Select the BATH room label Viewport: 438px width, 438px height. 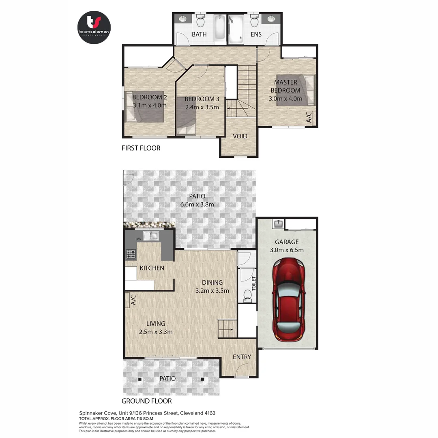tap(199, 34)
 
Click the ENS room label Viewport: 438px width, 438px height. tap(256, 34)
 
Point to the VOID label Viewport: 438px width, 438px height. tap(240, 136)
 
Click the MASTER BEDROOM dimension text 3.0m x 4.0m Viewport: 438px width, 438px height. tap(286, 98)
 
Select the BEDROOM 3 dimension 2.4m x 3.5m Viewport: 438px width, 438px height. tap(202, 107)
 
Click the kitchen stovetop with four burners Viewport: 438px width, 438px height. tap(131, 254)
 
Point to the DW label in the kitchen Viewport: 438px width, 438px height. tap(138, 239)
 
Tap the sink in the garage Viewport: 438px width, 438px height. tap(279, 223)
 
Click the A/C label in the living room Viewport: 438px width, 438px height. tap(133, 300)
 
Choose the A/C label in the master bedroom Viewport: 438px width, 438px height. tap(309, 118)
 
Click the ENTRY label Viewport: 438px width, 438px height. tap(242, 357)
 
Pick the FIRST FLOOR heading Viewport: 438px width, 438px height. tap(141, 148)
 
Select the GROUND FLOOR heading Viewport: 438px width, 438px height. tap(147, 401)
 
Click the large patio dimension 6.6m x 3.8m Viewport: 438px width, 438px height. tap(197, 204)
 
